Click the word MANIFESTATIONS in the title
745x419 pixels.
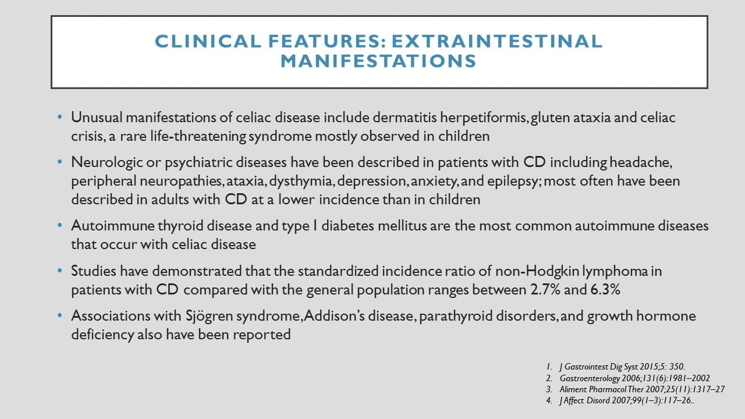click(x=378, y=61)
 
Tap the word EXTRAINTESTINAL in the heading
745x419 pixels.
click(x=497, y=41)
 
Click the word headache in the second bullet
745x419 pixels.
click(x=641, y=162)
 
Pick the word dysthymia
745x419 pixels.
click(x=301, y=182)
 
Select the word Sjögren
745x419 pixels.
click(x=209, y=316)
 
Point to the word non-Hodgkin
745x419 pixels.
click(x=537, y=271)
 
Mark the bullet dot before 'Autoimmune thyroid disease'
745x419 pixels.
click(x=60, y=225)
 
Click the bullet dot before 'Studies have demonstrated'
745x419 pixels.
click(x=60, y=271)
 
